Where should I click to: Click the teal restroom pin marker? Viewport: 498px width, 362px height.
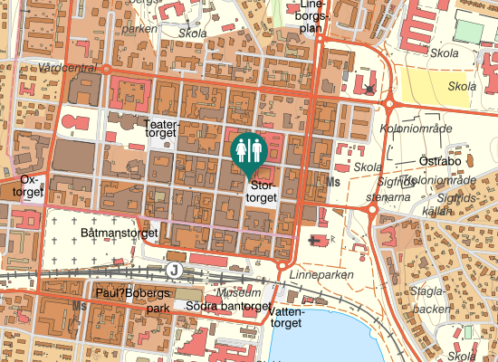[247, 151]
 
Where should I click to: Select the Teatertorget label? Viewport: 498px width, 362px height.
[163, 127]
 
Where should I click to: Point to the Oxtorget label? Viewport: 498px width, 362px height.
[31, 186]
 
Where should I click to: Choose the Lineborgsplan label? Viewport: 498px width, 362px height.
[311, 16]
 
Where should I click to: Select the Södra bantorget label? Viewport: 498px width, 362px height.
[226, 306]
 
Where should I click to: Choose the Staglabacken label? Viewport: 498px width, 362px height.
[426, 300]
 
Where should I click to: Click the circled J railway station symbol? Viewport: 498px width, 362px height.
[175, 269]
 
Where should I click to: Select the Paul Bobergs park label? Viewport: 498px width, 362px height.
[132, 300]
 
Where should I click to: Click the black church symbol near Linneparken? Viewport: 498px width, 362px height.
[316, 240]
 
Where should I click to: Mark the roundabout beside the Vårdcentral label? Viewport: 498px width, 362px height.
[106, 68]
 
